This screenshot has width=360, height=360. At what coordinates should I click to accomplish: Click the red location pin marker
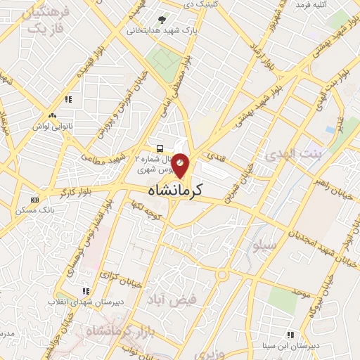pos(181,166)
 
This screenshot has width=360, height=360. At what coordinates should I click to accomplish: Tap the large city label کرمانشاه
pos(176,190)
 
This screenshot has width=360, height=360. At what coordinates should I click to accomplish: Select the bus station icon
pos(161,148)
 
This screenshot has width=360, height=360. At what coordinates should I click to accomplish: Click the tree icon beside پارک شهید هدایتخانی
pos(163,20)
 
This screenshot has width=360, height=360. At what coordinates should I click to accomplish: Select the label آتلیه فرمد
pos(313,5)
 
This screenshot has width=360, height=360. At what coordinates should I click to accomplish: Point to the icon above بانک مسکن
pos(35,200)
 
